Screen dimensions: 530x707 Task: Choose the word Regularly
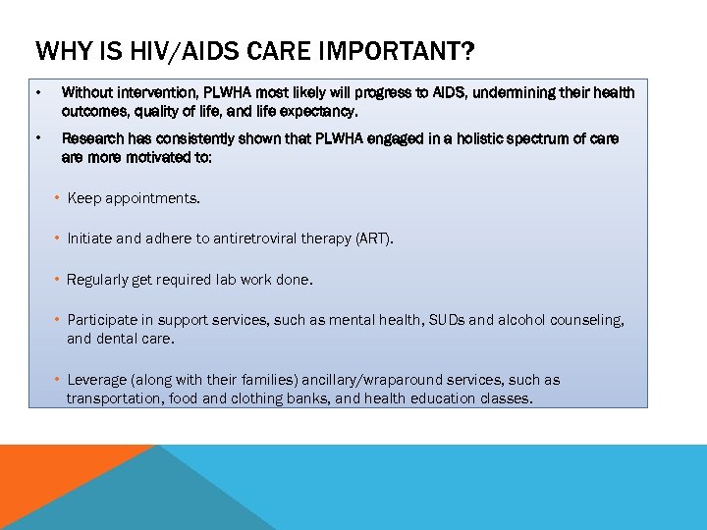coord(97,280)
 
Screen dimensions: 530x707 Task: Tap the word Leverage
coord(97,380)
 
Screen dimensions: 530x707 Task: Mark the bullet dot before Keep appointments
coord(58,198)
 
